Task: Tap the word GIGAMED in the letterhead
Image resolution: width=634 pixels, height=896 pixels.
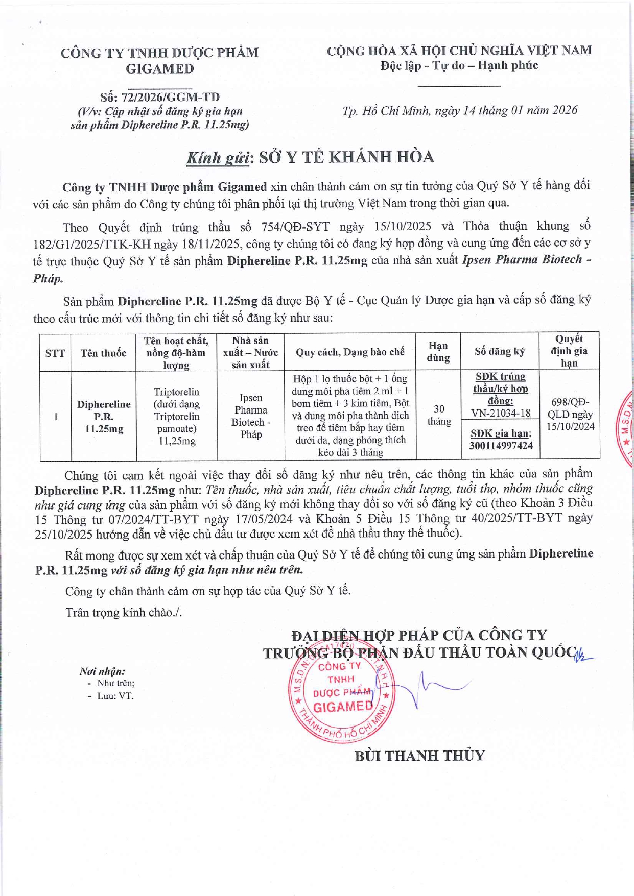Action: click(x=160, y=69)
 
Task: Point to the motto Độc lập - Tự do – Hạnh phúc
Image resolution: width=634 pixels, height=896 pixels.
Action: click(x=459, y=65)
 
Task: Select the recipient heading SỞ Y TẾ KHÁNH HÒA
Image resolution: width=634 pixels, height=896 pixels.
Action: click(x=346, y=157)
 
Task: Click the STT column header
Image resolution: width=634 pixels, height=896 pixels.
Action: click(x=55, y=353)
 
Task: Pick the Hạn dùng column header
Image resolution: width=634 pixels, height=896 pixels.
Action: click(x=438, y=352)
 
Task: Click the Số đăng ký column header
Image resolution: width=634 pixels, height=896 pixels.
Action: click(x=499, y=351)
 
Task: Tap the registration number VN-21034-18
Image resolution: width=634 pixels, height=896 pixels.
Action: click(x=501, y=413)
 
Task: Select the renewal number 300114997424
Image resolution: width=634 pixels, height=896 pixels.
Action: click(x=501, y=445)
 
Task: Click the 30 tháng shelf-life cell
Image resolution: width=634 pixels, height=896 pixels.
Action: click(x=438, y=415)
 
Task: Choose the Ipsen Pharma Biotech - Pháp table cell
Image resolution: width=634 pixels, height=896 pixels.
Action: click(x=251, y=416)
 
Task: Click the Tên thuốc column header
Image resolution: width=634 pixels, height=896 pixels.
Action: click(x=103, y=353)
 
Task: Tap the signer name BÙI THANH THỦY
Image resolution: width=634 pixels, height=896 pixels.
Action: click(x=419, y=755)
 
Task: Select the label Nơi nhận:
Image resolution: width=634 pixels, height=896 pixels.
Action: click(x=102, y=671)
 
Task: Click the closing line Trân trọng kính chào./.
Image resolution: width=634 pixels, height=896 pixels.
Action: click(x=124, y=612)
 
